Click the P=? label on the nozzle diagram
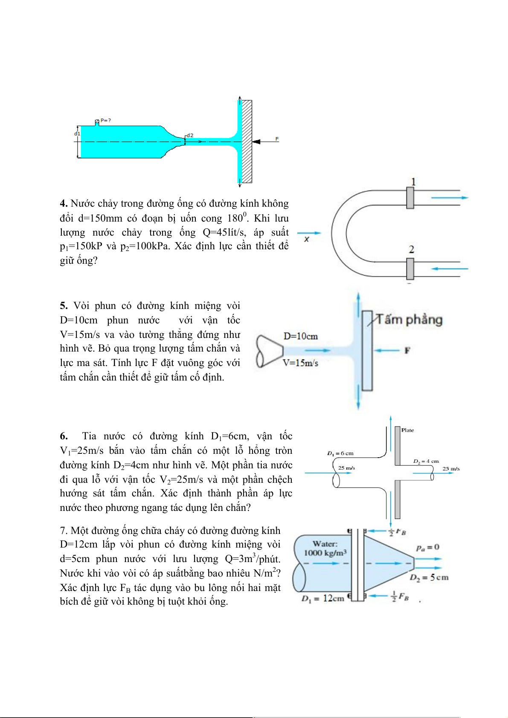[106, 121]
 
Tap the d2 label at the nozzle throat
[190, 135]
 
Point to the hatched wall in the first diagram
[247, 141]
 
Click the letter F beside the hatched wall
[277, 139]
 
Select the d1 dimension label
[77, 133]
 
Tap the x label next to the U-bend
[307, 239]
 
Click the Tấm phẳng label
[409, 320]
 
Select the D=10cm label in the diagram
[300, 336]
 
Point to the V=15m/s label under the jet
[300, 363]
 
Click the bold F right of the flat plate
[407, 350]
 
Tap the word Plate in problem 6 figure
[408, 430]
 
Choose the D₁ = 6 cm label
[340, 453]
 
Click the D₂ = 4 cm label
[426, 461]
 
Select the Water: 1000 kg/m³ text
[325, 548]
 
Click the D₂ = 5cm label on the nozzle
[429, 577]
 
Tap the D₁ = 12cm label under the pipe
[323, 598]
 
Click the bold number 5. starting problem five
[64, 306]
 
